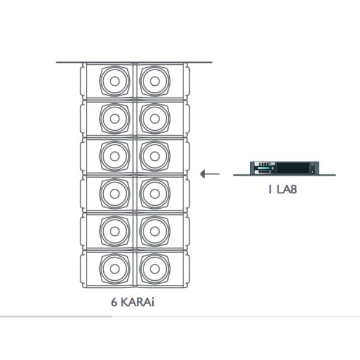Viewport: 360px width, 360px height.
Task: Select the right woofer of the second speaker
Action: [x=155, y=118]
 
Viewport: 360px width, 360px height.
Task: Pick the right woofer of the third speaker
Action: [x=155, y=156]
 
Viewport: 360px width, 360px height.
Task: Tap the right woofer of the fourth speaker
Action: [x=155, y=193]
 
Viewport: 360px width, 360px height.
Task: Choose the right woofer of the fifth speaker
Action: [x=155, y=230]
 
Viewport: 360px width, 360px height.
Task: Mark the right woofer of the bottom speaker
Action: [x=155, y=268]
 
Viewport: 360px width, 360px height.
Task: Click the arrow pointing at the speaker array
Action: [x=209, y=174]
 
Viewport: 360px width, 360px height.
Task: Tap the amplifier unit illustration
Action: [x=284, y=167]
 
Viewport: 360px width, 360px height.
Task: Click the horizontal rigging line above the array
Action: [x=134, y=62]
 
